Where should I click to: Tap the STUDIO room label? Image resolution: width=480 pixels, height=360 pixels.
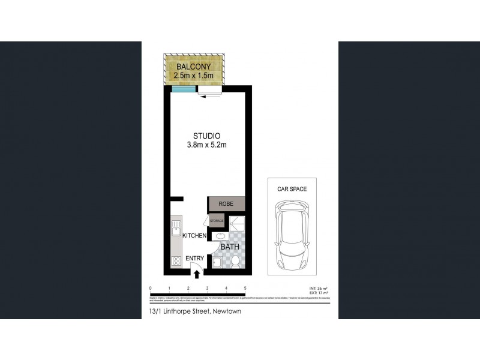tap(206, 136)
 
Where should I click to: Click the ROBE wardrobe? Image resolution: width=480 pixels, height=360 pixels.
tap(226, 204)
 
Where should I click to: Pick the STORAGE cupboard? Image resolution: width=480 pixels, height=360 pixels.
tap(217, 221)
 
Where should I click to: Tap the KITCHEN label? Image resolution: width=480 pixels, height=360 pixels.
tap(194, 236)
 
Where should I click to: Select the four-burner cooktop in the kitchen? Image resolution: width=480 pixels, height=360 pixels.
tap(176, 262)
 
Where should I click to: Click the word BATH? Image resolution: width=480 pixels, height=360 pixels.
tap(230, 247)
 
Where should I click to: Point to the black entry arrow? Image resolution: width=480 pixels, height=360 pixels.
tap(197, 274)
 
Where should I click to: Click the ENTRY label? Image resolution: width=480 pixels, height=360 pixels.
tap(194, 259)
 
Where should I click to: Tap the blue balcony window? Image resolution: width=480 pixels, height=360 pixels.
tap(183, 89)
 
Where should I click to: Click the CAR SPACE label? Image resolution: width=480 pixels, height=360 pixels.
tap(292, 189)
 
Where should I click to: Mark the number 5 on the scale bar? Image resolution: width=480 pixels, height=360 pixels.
tap(245, 289)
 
